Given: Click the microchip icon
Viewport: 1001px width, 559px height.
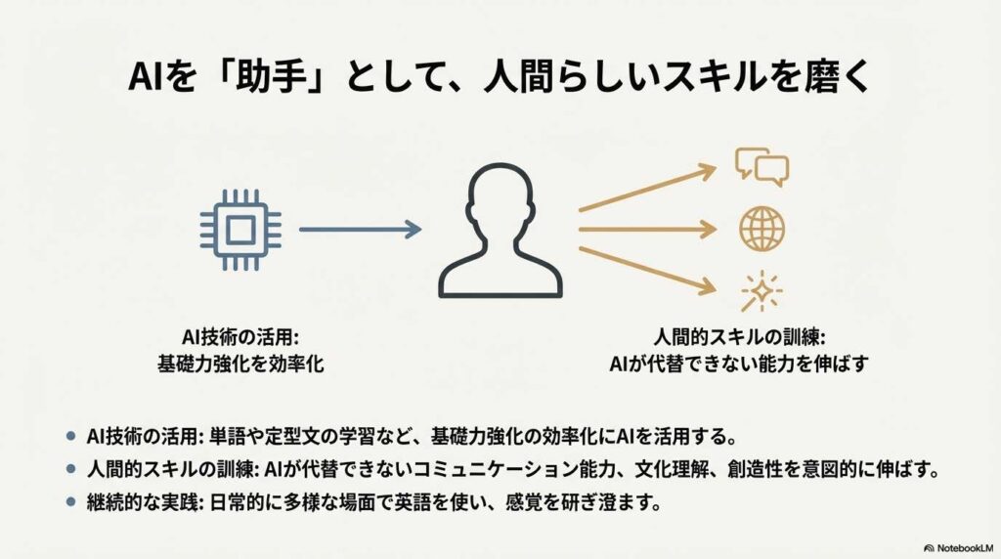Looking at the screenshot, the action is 240,230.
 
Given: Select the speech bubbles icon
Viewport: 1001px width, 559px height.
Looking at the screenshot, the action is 762,166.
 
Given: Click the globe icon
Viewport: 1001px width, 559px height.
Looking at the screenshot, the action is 762,229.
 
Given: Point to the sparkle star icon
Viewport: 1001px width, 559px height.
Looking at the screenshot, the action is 762,291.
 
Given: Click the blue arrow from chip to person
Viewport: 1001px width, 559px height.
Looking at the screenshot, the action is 360,229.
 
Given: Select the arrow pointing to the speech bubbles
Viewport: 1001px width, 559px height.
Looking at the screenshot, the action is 648,189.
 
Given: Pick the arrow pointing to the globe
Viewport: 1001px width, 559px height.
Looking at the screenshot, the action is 648,229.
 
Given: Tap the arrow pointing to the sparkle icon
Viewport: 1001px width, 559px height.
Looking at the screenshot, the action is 648,272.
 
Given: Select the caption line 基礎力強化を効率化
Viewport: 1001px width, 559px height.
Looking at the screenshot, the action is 240,364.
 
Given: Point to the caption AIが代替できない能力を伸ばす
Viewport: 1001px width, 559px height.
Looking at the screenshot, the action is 739,364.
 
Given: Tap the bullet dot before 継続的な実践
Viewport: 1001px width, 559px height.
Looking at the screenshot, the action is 70,501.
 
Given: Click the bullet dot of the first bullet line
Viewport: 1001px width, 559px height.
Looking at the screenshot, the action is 70,436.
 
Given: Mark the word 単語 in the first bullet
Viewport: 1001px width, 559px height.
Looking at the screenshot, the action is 228,437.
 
